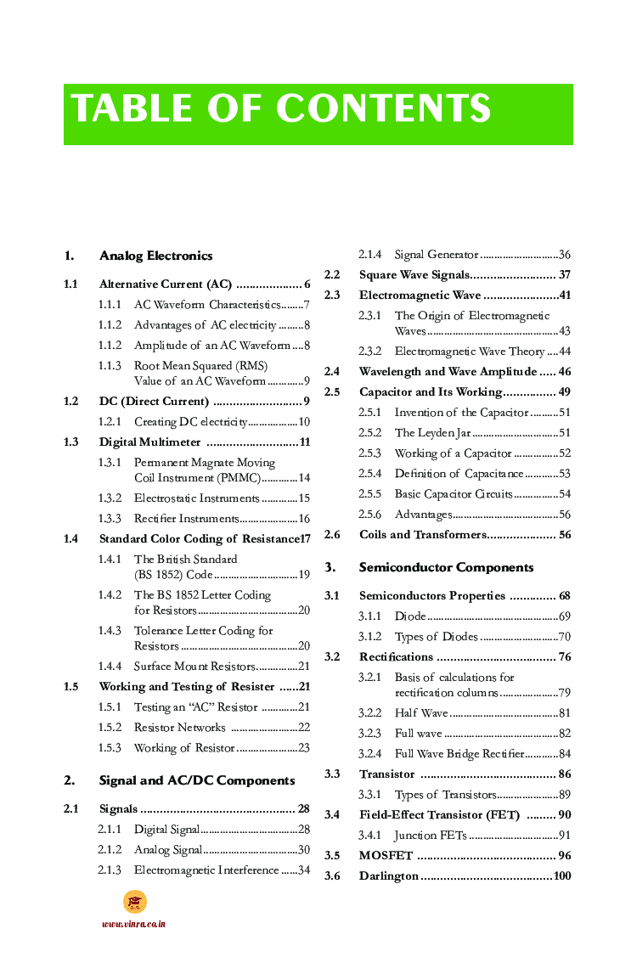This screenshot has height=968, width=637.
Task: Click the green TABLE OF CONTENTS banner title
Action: tap(281, 110)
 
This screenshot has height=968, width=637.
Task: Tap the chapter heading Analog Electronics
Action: tap(155, 256)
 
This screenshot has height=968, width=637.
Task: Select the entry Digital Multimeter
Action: tap(150, 442)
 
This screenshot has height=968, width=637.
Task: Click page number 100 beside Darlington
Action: tap(561, 875)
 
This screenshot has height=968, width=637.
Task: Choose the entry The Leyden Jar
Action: tap(432, 433)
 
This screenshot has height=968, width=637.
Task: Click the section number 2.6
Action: tap(332, 534)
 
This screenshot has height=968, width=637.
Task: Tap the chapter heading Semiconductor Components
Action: tap(446, 567)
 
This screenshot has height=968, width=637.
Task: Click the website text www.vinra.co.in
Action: tap(133, 924)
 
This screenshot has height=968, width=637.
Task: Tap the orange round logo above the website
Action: tap(135, 902)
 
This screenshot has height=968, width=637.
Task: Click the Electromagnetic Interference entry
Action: tap(206, 870)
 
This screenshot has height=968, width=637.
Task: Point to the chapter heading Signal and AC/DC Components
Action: tap(197, 780)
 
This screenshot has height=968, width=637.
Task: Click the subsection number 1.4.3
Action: tap(110, 631)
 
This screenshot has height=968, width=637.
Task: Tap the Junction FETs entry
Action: tap(431, 835)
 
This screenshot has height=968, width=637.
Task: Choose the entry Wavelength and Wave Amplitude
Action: tap(448, 371)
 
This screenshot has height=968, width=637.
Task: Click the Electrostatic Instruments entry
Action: tap(196, 498)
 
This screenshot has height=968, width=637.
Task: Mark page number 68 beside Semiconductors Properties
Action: tap(564, 595)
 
